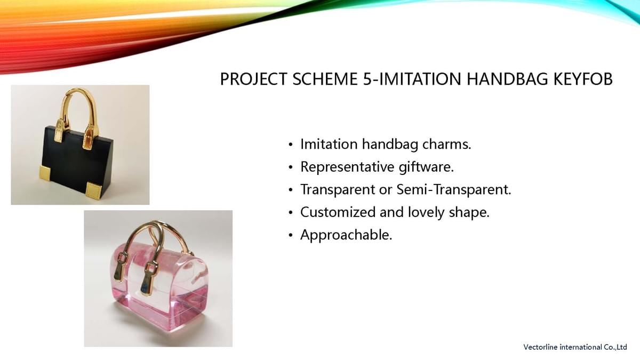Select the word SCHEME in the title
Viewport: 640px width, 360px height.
point(325,79)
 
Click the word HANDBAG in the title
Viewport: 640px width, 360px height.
point(507,79)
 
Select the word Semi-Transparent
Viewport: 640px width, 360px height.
point(454,189)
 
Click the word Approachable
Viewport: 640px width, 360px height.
point(346,235)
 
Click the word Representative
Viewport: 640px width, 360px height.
point(347,167)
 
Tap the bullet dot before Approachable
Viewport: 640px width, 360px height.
point(291,235)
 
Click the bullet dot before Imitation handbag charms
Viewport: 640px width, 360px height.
point(291,145)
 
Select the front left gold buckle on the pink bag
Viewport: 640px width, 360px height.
point(120,265)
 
